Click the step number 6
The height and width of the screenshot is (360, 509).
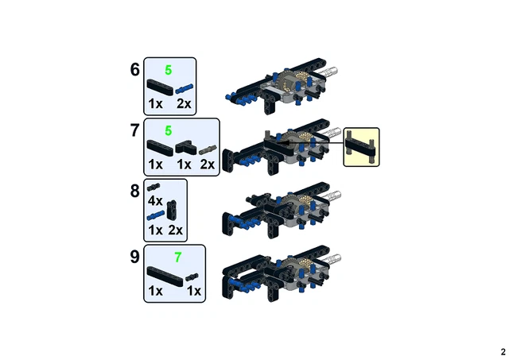coord(135,70)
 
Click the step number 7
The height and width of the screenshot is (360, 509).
coord(135,131)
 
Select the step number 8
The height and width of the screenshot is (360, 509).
coord(135,192)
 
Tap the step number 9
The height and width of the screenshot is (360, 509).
coord(135,257)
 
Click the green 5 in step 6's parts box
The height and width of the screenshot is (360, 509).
coord(168,70)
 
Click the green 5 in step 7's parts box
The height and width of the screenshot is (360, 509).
coord(168,130)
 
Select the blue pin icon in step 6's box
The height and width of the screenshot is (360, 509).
coord(185,86)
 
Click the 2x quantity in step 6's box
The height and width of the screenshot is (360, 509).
coord(184,103)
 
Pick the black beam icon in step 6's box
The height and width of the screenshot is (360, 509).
coord(157,86)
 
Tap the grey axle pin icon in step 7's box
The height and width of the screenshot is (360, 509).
coord(208,148)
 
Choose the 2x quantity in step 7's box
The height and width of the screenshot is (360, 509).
coord(208,165)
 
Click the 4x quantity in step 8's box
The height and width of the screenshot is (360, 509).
coord(155,201)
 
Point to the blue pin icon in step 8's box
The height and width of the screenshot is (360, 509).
coord(155,215)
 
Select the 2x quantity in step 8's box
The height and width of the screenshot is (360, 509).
coord(176,230)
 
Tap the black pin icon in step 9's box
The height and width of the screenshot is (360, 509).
coord(193,276)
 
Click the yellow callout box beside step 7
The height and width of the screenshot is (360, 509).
coord(361,147)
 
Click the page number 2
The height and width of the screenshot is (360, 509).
coord(502,351)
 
